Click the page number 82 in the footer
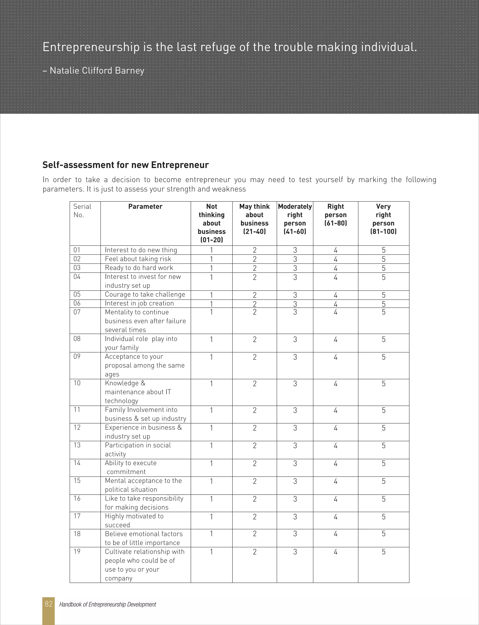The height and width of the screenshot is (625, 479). [x=48, y=604]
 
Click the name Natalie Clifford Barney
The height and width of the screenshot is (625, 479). [x=97, y=70]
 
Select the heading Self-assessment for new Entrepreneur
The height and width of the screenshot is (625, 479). [x=125, y=165]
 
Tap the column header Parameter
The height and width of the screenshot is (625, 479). [x=145, y=207]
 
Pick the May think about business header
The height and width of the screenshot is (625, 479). [x=254, y=219]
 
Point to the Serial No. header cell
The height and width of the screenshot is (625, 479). [x=82, y=211]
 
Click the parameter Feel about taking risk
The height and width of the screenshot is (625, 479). [x=138, y=259]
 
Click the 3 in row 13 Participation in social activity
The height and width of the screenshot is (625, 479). [x=295, y=446]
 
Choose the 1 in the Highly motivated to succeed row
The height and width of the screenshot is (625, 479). [x=211, y=517]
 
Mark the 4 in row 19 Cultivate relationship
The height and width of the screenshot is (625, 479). [x=336, y=552]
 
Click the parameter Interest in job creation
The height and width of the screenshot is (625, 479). [x=139, y=303]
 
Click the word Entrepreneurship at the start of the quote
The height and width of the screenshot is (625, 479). [x=91, y=47]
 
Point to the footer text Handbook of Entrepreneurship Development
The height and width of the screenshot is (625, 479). [x=108, y=604]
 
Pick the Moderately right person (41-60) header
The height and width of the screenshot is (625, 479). [x=295, y=219]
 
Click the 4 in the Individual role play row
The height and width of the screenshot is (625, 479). [x=336, y=340]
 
